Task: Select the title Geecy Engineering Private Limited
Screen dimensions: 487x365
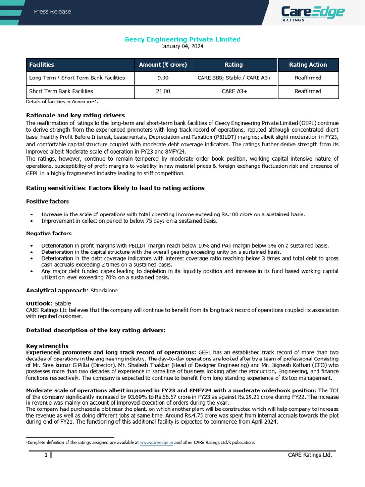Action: click(182, 39)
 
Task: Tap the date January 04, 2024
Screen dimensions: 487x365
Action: click(182, 46)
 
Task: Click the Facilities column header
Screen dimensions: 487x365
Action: click(42, 65)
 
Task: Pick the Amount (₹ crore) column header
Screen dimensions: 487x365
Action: click(163, 65)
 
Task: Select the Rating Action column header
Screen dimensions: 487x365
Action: click(308, 65)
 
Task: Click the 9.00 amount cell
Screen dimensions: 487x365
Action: click(163, 78)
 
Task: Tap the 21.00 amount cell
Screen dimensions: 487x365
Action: click(163, 91)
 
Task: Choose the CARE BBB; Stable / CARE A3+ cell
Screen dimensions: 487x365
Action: click(233, 78)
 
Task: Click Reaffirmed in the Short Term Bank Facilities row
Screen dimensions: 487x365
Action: click(308, 91)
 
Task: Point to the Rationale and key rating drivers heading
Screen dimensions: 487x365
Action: click(75, 115)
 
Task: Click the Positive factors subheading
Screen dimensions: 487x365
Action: click(48, 201)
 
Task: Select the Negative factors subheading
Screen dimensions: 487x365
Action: click(48, 234)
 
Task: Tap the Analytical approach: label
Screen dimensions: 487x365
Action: click(57, 290)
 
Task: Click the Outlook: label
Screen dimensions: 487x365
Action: click(39, 302)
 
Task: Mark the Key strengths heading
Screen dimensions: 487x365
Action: click(48, 346)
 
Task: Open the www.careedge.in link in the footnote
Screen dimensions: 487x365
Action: click(156, 442)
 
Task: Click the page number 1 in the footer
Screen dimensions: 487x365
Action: click(46, 455)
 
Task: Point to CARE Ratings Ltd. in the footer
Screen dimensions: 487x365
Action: click(310, 455)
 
